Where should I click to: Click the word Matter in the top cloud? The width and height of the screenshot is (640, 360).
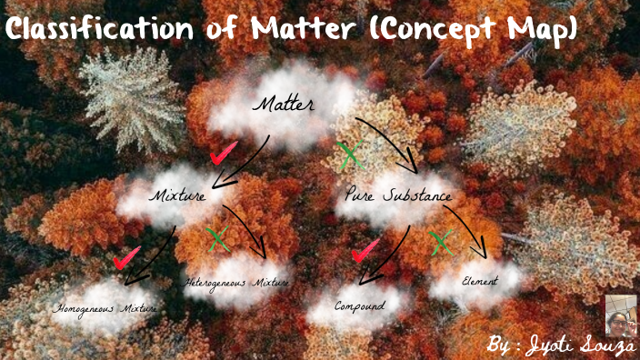pos(284,105)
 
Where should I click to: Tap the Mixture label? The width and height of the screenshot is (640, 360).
pos(178,195)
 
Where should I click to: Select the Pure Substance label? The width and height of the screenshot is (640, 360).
pos(398,195)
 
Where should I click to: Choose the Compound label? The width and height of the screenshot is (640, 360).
pos(359,305)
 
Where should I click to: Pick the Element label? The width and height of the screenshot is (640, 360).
pos(479,282)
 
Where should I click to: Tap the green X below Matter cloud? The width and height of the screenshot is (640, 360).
pos(348,155)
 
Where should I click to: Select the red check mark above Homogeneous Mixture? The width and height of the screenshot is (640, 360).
pos(126,257)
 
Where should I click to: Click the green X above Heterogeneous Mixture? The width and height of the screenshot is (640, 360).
pos(217,239)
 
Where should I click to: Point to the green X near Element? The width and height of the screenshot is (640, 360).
pos(441,242)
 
